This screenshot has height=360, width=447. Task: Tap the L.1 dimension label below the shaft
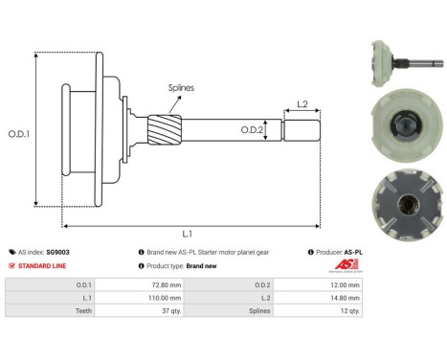188,234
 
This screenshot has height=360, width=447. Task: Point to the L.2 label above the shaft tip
301,103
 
